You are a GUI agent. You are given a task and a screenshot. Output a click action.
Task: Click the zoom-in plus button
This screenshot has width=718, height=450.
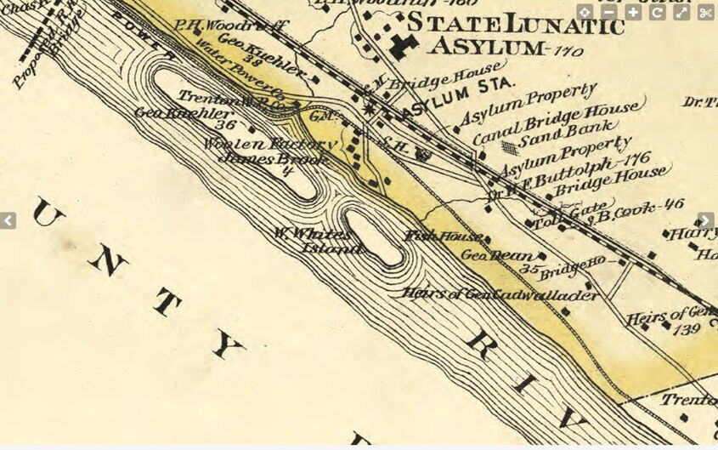coord(633,13)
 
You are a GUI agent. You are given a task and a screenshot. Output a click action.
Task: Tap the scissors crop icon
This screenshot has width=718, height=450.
coord(706,13)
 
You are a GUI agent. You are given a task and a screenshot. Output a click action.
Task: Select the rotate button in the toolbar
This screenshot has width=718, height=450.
coord(657,13)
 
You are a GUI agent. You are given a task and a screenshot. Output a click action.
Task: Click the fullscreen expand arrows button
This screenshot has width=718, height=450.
coord(681,13)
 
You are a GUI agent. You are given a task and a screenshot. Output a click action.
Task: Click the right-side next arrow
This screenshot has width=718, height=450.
coord(706,220)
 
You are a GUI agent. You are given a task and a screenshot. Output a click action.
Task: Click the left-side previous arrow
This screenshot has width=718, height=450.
coord(8,220)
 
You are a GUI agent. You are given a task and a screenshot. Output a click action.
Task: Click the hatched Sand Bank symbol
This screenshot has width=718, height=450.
coord(508,147)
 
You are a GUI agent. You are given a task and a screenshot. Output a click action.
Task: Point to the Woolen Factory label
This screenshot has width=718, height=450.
coord(270,145)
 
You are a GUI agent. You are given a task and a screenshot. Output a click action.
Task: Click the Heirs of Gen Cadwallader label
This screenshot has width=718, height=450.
coord(500,294)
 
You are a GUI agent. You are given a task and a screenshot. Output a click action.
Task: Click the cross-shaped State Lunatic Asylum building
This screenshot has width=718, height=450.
coord(403,46)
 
